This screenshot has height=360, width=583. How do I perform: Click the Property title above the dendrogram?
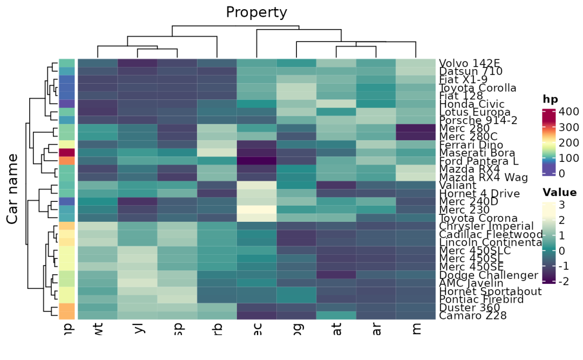point(256,12)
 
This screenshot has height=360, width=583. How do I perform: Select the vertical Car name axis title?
point(13,188)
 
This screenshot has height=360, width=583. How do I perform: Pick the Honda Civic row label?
point(472,104)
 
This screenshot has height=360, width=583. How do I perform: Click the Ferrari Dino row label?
point(471,145)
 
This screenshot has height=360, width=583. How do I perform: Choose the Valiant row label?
point(457,185)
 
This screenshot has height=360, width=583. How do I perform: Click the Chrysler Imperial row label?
point(486,226)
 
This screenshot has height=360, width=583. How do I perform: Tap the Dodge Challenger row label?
point(489,275)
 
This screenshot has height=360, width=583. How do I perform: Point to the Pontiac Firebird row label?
point(482,300)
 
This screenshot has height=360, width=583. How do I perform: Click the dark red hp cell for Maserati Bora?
point(66,153)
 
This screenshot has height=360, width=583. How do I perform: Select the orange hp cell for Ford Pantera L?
point(66,161)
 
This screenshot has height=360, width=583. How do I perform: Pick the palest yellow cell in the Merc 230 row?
point(256,209)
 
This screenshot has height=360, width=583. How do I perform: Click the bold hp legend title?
point(550,99)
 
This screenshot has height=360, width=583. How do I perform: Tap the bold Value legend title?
point(559,193)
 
